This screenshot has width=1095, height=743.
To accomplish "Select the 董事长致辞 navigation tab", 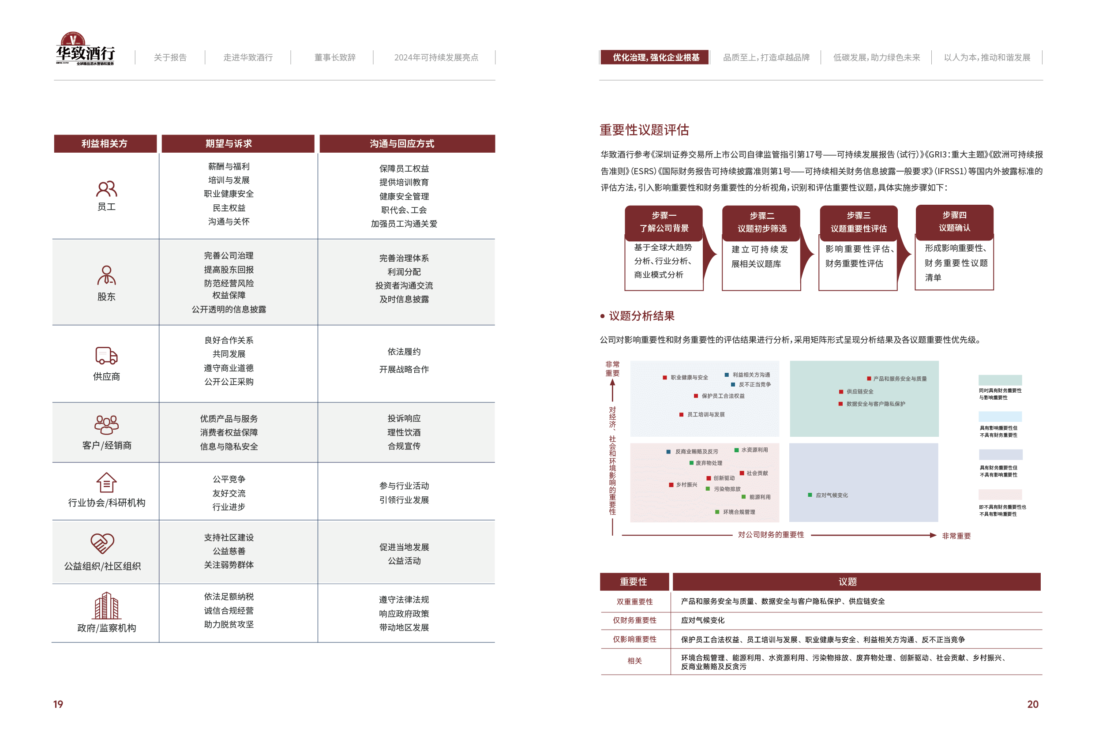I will (x=334, y=57).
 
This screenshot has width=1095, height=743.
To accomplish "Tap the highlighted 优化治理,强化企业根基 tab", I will (x=656, y=57).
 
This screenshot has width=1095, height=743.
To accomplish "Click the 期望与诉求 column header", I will (x=229, y=144).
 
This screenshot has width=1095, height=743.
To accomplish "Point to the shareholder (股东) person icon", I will (x=106, y=275).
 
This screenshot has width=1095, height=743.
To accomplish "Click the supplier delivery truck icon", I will (x=106, y=356).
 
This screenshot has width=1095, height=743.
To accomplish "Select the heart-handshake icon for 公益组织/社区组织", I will (x=102, y=543).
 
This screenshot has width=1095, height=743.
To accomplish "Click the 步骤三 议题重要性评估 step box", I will (x=859, y=222).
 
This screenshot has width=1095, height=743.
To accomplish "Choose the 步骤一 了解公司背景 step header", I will (x=664, y=222).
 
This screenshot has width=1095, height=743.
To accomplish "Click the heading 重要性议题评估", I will (x=644, y=130).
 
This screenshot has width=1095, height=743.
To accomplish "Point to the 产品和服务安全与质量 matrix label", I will (x=900, y=379).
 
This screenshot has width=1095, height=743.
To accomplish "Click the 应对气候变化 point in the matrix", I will (x=832, y=495).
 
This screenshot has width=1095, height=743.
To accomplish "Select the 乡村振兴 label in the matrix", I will (x=686, y=485).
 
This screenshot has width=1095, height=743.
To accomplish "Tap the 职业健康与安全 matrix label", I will (x=689, y=377).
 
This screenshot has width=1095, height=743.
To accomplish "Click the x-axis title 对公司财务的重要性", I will (x=771, y=535).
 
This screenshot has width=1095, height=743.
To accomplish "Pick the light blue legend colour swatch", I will (x=1000, y=417).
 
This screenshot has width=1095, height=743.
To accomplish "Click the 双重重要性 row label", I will (x=635, y=602).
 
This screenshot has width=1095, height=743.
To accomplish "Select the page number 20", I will (x=1032, y=704).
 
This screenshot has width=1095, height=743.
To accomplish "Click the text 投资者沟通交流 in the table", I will (x=404, y=285).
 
